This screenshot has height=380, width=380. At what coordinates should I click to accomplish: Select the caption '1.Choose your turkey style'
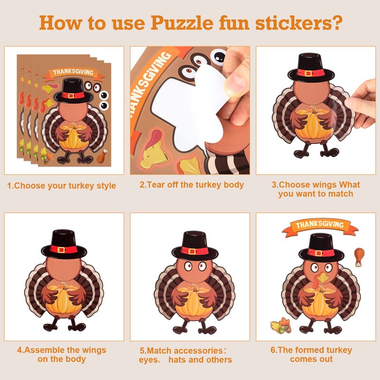62,186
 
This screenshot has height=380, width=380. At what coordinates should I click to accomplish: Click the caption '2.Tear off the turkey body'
192,185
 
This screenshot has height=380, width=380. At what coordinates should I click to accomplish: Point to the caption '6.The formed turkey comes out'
312,354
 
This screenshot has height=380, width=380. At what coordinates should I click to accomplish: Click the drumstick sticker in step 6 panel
359,256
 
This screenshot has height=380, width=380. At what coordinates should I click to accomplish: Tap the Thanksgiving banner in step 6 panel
320,227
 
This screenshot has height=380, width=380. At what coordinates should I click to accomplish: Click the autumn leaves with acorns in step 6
281,325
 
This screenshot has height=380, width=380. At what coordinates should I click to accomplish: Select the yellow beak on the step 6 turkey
322,278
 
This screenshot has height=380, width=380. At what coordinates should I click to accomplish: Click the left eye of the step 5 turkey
188,266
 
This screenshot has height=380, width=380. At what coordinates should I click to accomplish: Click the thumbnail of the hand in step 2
233,84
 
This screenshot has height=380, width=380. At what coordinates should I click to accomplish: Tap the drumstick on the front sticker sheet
102,156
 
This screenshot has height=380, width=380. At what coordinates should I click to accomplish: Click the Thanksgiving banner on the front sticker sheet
73,73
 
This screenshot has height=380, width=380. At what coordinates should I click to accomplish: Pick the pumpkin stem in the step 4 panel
64,286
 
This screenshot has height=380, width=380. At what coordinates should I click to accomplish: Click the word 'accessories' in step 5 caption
198,351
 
